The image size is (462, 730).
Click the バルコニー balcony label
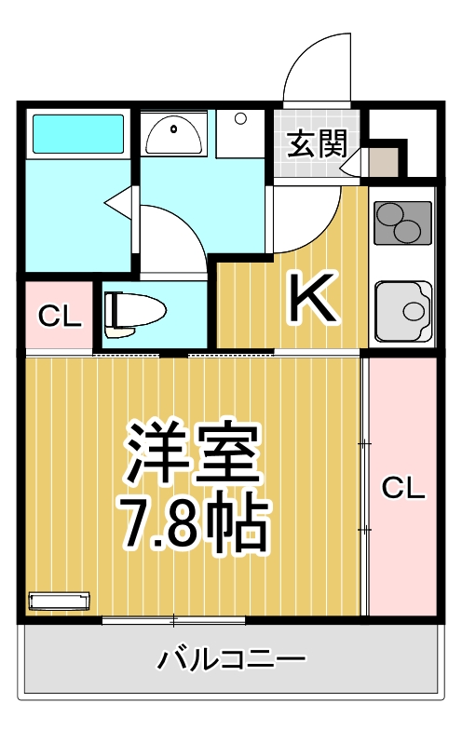pos(230,661)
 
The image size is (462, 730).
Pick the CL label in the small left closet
pos(59,318)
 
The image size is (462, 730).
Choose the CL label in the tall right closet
pos(402,487)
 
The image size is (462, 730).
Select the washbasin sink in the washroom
pos(174,136)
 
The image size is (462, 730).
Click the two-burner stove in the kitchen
pos(402,223)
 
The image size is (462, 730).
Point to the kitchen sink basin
pos(402,308)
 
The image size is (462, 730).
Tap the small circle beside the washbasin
pos(240,119)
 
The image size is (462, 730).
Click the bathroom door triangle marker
pos(118,200)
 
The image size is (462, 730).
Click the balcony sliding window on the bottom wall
pos(174,620)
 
